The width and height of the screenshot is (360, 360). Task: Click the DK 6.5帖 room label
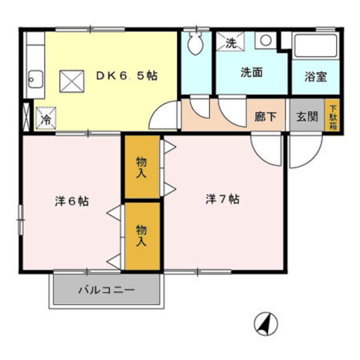pos(127,75)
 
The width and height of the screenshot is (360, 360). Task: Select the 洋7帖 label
pos(222,199)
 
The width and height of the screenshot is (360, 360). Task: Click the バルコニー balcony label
pos(106,290)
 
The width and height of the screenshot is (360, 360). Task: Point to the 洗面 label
pos(251,72)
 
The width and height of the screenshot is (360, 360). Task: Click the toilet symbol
pos(195,43)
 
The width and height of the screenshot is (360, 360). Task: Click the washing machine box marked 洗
pos(230,42)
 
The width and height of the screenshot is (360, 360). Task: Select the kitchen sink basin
pos(34,78)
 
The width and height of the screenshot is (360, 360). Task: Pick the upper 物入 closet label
pos(141,167)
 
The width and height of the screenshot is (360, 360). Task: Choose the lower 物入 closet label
pos(141,235)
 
